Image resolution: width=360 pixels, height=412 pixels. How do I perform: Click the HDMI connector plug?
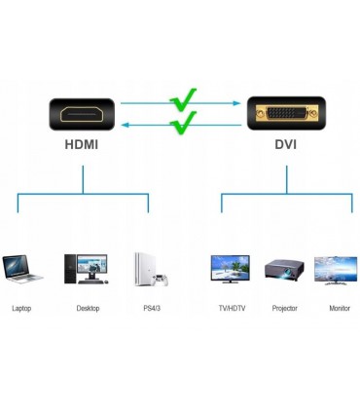click(83, 113)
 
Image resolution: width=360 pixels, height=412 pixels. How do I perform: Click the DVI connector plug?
click(285, 113)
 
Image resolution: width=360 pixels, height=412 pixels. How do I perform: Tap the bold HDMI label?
click(83, 145)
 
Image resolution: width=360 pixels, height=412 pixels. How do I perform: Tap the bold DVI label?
click(285, 145)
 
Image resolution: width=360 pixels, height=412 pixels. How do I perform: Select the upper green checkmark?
click(183, 100)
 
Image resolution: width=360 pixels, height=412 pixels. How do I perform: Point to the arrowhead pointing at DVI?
click(237, 101)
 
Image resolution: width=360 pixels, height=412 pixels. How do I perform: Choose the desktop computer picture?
click(86, 267)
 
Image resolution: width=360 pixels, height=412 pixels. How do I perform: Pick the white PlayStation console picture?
click(148, 269)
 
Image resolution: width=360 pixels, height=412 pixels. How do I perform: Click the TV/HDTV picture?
click(231, 268)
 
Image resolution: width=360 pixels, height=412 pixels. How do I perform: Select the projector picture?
click(284, 268)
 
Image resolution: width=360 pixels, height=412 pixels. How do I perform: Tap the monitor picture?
click(336, 268)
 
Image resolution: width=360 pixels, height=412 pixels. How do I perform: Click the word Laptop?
click(21, 308)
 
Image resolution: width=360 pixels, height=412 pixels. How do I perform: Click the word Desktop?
click(88, 308)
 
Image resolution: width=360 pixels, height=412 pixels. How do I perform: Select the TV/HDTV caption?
click(232, 308)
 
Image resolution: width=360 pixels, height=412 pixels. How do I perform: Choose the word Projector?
click(285, 308)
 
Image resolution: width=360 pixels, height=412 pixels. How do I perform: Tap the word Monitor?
click(340, 308)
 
